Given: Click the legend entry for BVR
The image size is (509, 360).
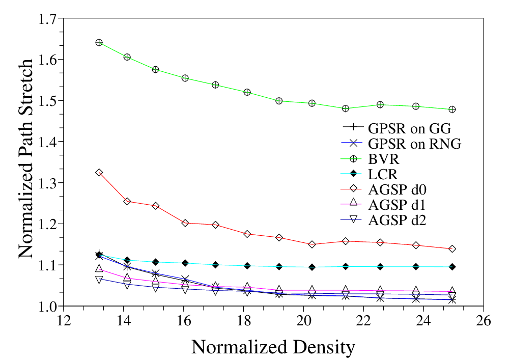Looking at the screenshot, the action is coord(384,159).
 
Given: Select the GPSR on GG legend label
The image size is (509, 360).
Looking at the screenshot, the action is coord(409,128).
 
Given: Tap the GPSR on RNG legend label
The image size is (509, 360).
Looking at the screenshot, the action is coord(414,144).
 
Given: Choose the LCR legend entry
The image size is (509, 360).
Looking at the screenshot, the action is coord(383,174).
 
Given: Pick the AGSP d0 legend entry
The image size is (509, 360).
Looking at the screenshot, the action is coord(397,189).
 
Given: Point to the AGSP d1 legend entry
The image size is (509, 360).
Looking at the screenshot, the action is coord(397,205).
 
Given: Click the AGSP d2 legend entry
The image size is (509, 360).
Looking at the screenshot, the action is coord(397,220).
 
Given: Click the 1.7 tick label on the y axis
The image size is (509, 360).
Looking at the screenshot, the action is coord(47,19).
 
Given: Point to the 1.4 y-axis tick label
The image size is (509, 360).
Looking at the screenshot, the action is coord(47,142).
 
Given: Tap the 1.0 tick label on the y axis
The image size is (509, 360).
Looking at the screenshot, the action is coord(47,306).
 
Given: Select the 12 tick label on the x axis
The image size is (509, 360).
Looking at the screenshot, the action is coord(64,320).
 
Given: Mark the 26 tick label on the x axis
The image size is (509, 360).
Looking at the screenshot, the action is coord(484,320).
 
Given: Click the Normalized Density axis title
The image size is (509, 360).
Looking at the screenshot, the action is coord(273,347).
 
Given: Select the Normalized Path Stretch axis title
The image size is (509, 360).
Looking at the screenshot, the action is coord(26,159).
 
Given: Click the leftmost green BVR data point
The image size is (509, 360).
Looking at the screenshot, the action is coord(99,43).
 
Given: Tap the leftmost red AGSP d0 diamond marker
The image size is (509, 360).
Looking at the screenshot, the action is coord(99,173).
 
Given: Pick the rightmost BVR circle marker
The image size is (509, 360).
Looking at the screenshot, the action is coord(452,109).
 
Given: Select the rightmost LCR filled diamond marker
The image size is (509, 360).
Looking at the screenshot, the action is coord(452,267).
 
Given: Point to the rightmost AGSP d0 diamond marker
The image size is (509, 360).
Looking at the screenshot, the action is coord(452,249).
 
